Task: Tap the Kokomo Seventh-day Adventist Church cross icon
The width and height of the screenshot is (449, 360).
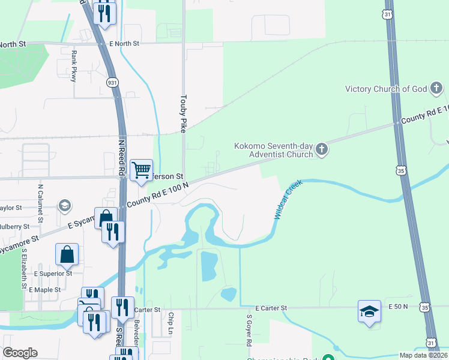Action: (322, 149)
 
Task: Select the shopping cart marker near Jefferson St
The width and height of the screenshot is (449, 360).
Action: (141, 170)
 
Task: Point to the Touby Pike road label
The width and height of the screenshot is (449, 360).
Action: (183, 113)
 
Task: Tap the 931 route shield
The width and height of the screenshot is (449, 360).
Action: (112, 82)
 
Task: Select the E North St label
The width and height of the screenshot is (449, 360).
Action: (124, 44)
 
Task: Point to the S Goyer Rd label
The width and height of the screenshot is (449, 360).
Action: (248, 329)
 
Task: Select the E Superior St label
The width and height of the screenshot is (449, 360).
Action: (53, 273)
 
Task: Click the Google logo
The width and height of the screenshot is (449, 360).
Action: (20, 353)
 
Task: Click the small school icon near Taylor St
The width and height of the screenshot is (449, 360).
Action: (64, 206)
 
